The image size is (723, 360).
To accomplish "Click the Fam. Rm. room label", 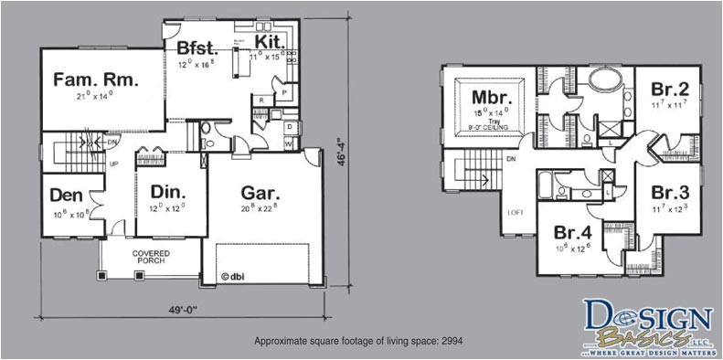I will (96, 80).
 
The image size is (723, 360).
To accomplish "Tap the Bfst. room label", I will (196, 46).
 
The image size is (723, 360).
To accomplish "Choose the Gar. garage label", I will (260, 193).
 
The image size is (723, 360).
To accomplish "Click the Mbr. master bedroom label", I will (491, 96).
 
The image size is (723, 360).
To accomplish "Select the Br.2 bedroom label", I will (669, 90).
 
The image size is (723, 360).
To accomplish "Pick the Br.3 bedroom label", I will (669, 193).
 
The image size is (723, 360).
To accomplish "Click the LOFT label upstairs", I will (516, 213).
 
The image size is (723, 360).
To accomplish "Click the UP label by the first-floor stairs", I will (114, 164).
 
